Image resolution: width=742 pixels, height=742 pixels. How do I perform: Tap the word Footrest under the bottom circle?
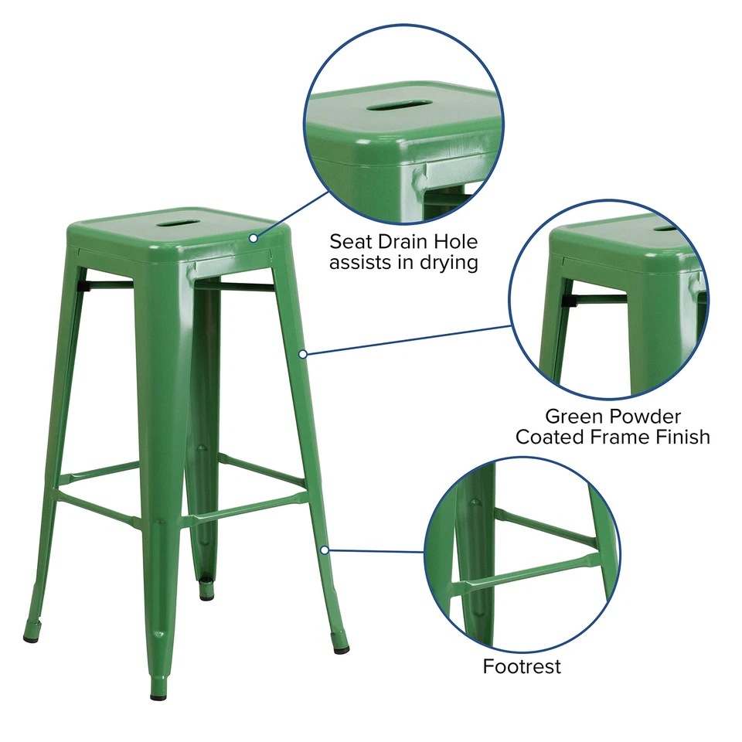coord(522,665)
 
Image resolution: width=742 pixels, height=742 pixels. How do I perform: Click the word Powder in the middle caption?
coord(648,417)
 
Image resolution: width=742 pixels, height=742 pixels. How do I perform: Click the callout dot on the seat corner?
coord(253,237)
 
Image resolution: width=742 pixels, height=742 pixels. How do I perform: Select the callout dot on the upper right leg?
coord(304,354)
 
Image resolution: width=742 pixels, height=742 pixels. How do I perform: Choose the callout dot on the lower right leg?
coord(325,550)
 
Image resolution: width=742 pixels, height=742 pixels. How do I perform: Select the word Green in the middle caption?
coord(574,417)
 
